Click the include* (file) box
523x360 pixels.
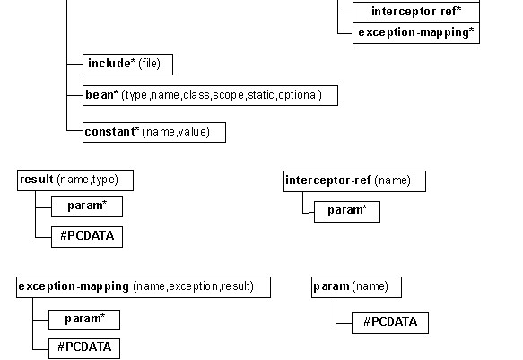[x=127, y=65]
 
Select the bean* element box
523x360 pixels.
[x=210, y=95]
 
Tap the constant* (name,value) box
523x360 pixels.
[x=154, y=133]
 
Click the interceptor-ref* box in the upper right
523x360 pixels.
[x=416, y=13]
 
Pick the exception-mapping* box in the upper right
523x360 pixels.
[x=416, y=33]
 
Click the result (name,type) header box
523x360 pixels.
[x=75, y=180]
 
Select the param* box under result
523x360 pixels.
[x=87, y=206]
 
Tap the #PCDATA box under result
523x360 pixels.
[x=87, y=237]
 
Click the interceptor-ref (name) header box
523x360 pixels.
[x=354, y=181]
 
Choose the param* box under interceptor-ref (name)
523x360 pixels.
[x=347, y=212]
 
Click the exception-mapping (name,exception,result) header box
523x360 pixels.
[x=144, y=287]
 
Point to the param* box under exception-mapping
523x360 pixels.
[x=84, y=320]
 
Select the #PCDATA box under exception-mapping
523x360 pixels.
[x=84, y=348]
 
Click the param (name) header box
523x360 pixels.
[x=356, y=287]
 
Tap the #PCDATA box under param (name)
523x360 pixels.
[x=390, y=323]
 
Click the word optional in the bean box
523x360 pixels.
[x=299, y=95]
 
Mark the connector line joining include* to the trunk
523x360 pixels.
[x=74, y=64]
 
